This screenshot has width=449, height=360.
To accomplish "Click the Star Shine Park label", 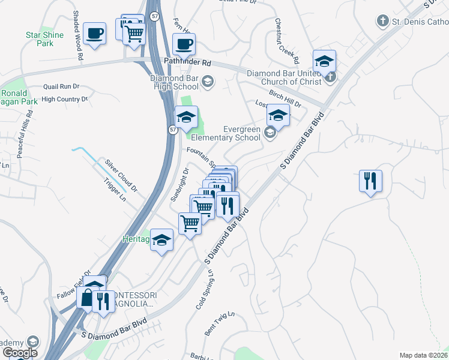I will tap(45, 39).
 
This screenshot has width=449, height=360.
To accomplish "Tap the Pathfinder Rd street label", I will tap(188, 62).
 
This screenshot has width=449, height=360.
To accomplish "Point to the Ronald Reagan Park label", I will tap(14, 97).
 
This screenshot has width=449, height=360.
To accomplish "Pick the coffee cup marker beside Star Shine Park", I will tap(94, 32).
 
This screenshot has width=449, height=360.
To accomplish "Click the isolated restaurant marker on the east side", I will tap(369, 180).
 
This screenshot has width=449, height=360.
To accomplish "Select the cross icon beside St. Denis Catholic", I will tap(382, 22).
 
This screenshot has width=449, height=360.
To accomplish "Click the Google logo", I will tap(20, 353).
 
